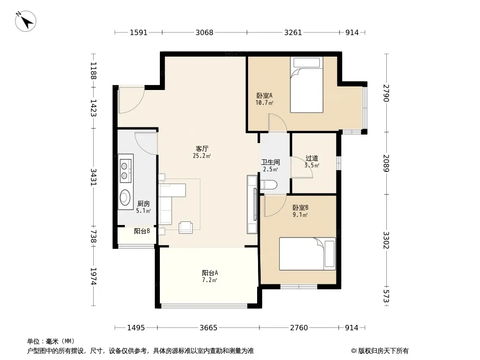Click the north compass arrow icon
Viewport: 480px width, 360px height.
26,21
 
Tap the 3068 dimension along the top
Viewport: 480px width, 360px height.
204,32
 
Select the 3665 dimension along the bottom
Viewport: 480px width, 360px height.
208,328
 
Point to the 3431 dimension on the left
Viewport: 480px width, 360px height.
93,177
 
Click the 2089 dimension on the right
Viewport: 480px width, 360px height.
387,163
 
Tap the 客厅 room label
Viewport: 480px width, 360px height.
202,148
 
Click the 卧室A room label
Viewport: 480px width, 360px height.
264,96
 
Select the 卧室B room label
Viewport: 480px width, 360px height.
300,208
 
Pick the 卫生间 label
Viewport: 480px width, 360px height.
270,162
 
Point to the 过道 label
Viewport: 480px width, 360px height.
312,158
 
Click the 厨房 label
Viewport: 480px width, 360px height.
144,203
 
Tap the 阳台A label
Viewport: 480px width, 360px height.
210,273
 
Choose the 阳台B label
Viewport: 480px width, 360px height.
142,231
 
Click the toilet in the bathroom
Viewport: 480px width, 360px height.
268,184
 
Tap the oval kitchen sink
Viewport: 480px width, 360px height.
125,198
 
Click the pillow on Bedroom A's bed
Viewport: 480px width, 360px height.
307,63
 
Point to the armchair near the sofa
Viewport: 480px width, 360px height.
186,227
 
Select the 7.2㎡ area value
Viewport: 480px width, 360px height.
210,280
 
